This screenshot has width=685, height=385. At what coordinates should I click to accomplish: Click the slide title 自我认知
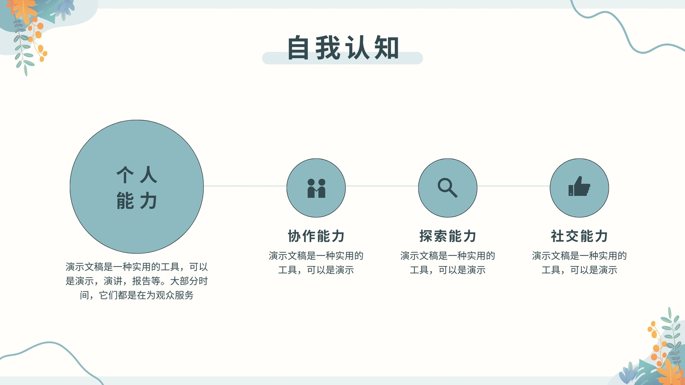(x=343, y=47)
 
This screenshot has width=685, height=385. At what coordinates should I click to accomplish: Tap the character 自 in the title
(x=298, y=47)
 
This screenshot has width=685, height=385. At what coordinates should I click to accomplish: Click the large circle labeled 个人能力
(x=137, y=187)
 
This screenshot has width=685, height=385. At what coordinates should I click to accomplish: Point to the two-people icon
(x=316, y=188)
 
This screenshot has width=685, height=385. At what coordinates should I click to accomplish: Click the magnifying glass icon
(x=447, y=188)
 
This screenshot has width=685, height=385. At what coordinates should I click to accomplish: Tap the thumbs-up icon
(x=579, y=186)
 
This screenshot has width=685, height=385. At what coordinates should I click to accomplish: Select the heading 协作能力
(x=316, y=236)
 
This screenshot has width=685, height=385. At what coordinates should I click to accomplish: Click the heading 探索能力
(x=448, y=236)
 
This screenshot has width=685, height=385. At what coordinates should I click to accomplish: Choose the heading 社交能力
(x=579, y=236)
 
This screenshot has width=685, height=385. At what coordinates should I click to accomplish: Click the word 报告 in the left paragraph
(x=141, y=281)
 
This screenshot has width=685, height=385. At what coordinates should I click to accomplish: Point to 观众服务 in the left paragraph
(x=175, y=295)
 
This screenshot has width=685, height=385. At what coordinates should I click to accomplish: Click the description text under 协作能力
(x=316, y=263)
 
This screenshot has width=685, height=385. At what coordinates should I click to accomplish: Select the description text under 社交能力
(x=579, y=263)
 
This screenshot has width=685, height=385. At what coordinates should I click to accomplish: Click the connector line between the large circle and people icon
(x=245, y=186)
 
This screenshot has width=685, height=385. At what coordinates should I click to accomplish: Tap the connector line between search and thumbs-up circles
(x=513, y=186)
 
